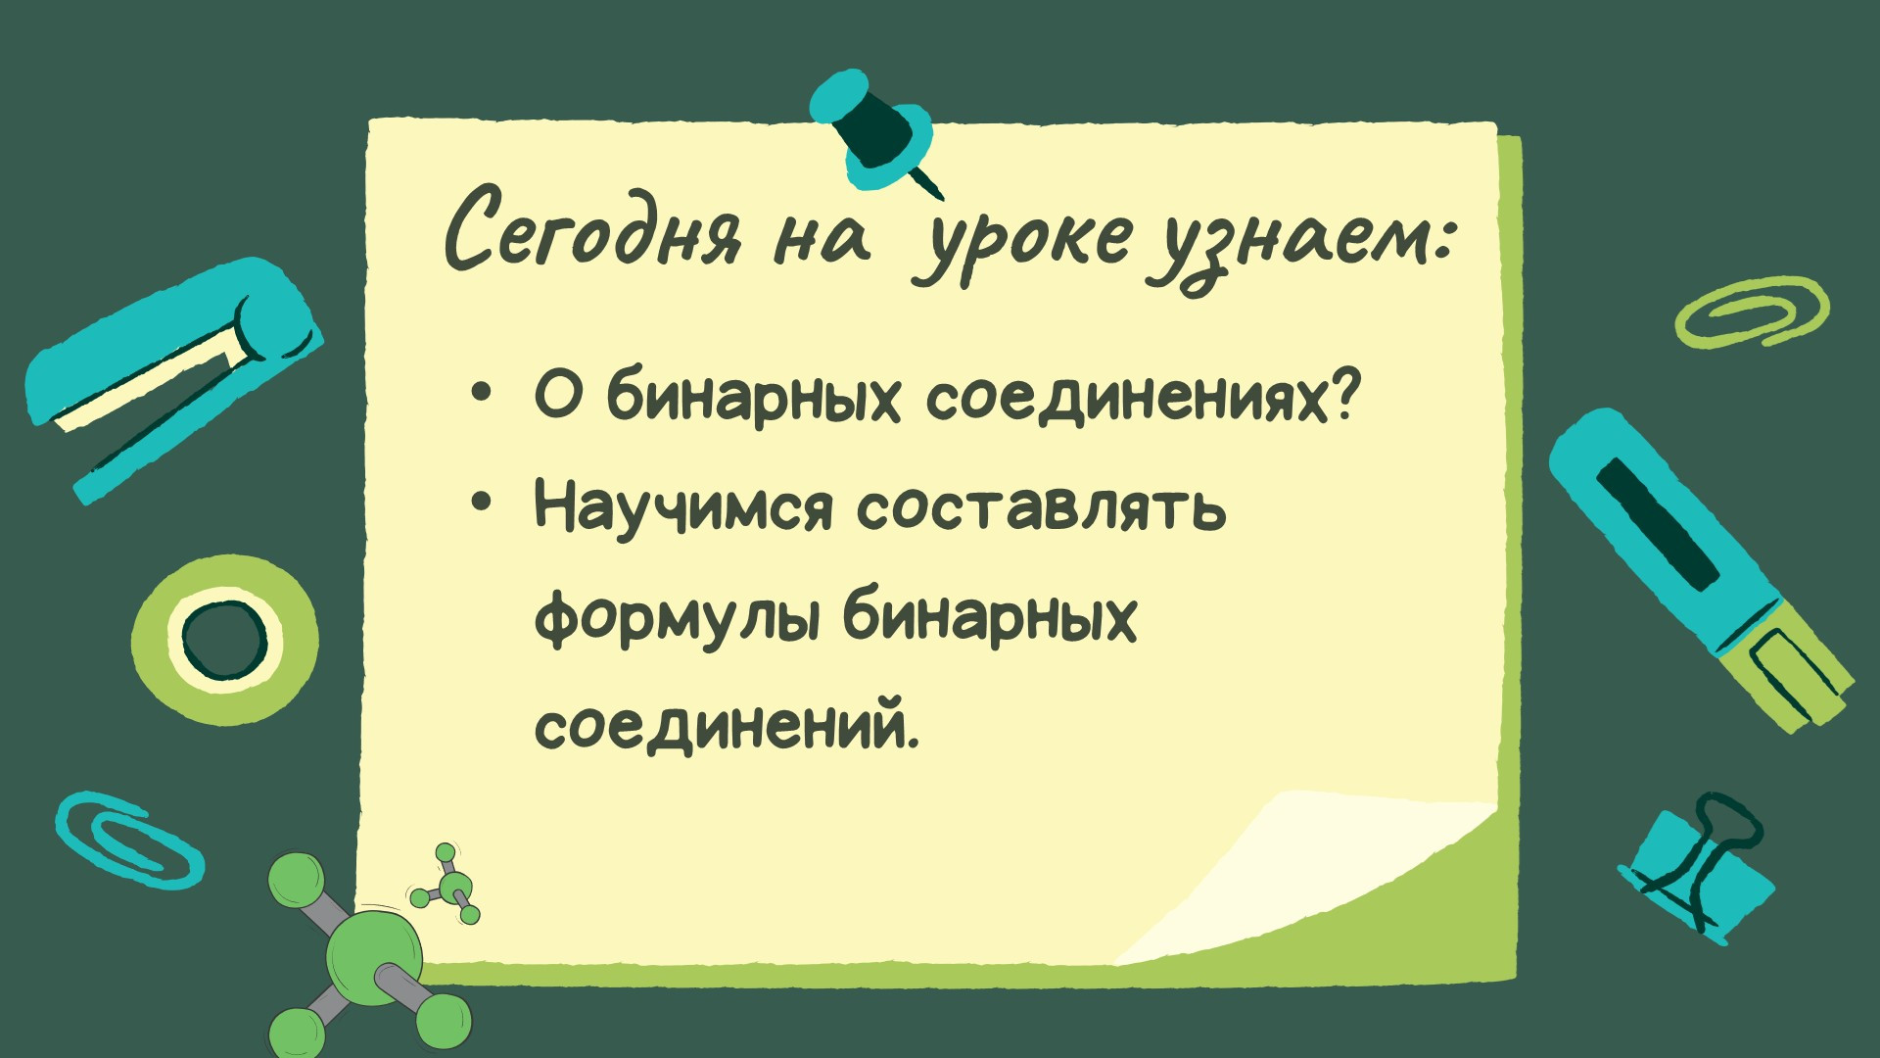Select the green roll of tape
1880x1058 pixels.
(x=225, y=640)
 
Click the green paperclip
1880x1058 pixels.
(x=1751, y=312)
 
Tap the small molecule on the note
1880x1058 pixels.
(x=447, y=885)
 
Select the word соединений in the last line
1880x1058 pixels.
(x=727, y=728)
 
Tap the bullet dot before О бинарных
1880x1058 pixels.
(x=480, y=393)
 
